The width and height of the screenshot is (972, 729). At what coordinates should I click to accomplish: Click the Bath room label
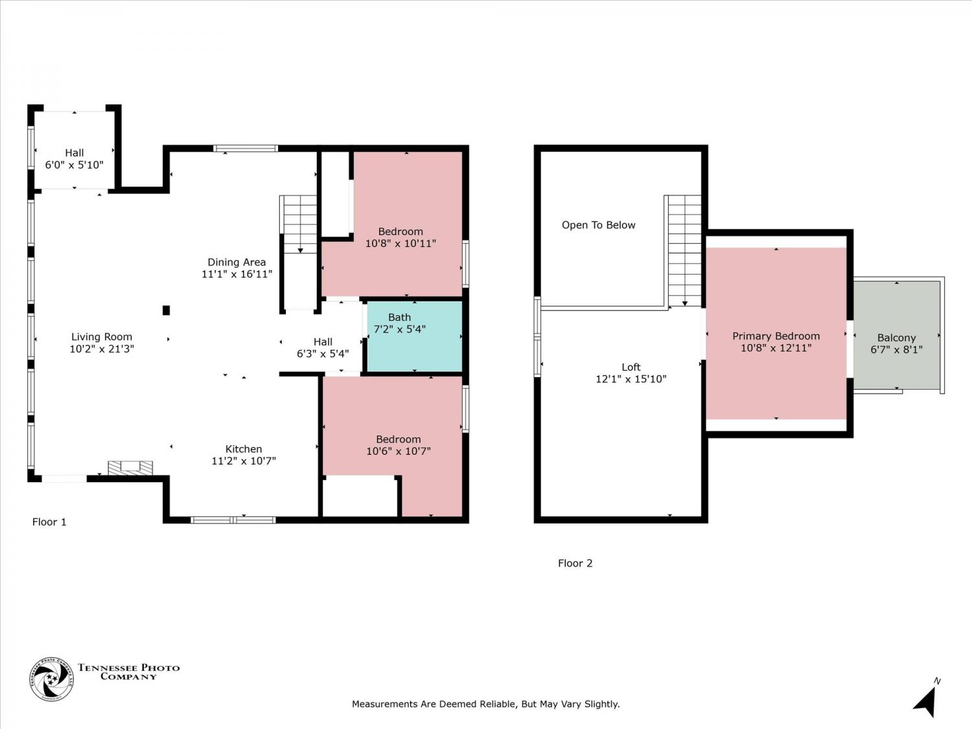pyautogui.click(x=399, y=318)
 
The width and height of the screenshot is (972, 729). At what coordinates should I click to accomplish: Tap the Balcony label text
pyautogui.click(x=896, y=338)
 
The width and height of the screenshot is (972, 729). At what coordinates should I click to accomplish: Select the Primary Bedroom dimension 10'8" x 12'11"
pyautogui.click(x=776, y=348)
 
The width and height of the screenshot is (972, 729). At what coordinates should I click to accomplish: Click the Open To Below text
pyautogui.click(x=598, y=225)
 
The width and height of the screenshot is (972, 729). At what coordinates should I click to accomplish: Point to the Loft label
pyautogui.click(x=631, y=367)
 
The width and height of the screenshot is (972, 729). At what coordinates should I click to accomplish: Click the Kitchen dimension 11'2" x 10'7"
pyautogui.click(x=244, y=461)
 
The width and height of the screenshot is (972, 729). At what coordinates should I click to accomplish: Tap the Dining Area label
pyautogui.click(x=237, y=262)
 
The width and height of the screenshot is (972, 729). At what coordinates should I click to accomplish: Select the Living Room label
pyautogui.click(x=101, y=337)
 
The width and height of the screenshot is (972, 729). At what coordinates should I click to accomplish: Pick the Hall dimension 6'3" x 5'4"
pyautogui.click(x=322, y=354)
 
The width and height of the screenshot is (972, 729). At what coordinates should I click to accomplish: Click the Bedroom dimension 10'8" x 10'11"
pyautogui.click(x=400, y=244)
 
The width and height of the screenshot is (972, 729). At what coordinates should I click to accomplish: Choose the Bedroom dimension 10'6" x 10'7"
pyautogui.click(x=398, y=451)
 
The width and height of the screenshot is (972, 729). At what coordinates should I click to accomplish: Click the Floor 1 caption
pyautogui.click(x=49, y=522)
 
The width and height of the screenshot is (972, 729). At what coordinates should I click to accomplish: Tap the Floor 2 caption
pyautogui.click(x=575, y=563)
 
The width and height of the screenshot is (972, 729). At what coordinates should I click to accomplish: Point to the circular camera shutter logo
pyautogui.click(x=51, y=679)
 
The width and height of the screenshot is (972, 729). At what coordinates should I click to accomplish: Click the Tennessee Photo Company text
pyautogui.click(x=128, y=671)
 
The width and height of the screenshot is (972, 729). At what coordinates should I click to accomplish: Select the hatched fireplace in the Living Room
pyautogui.click(x=130, y=468)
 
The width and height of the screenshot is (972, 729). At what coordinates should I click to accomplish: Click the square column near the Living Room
pyautogui.click(x=166, y=310)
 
